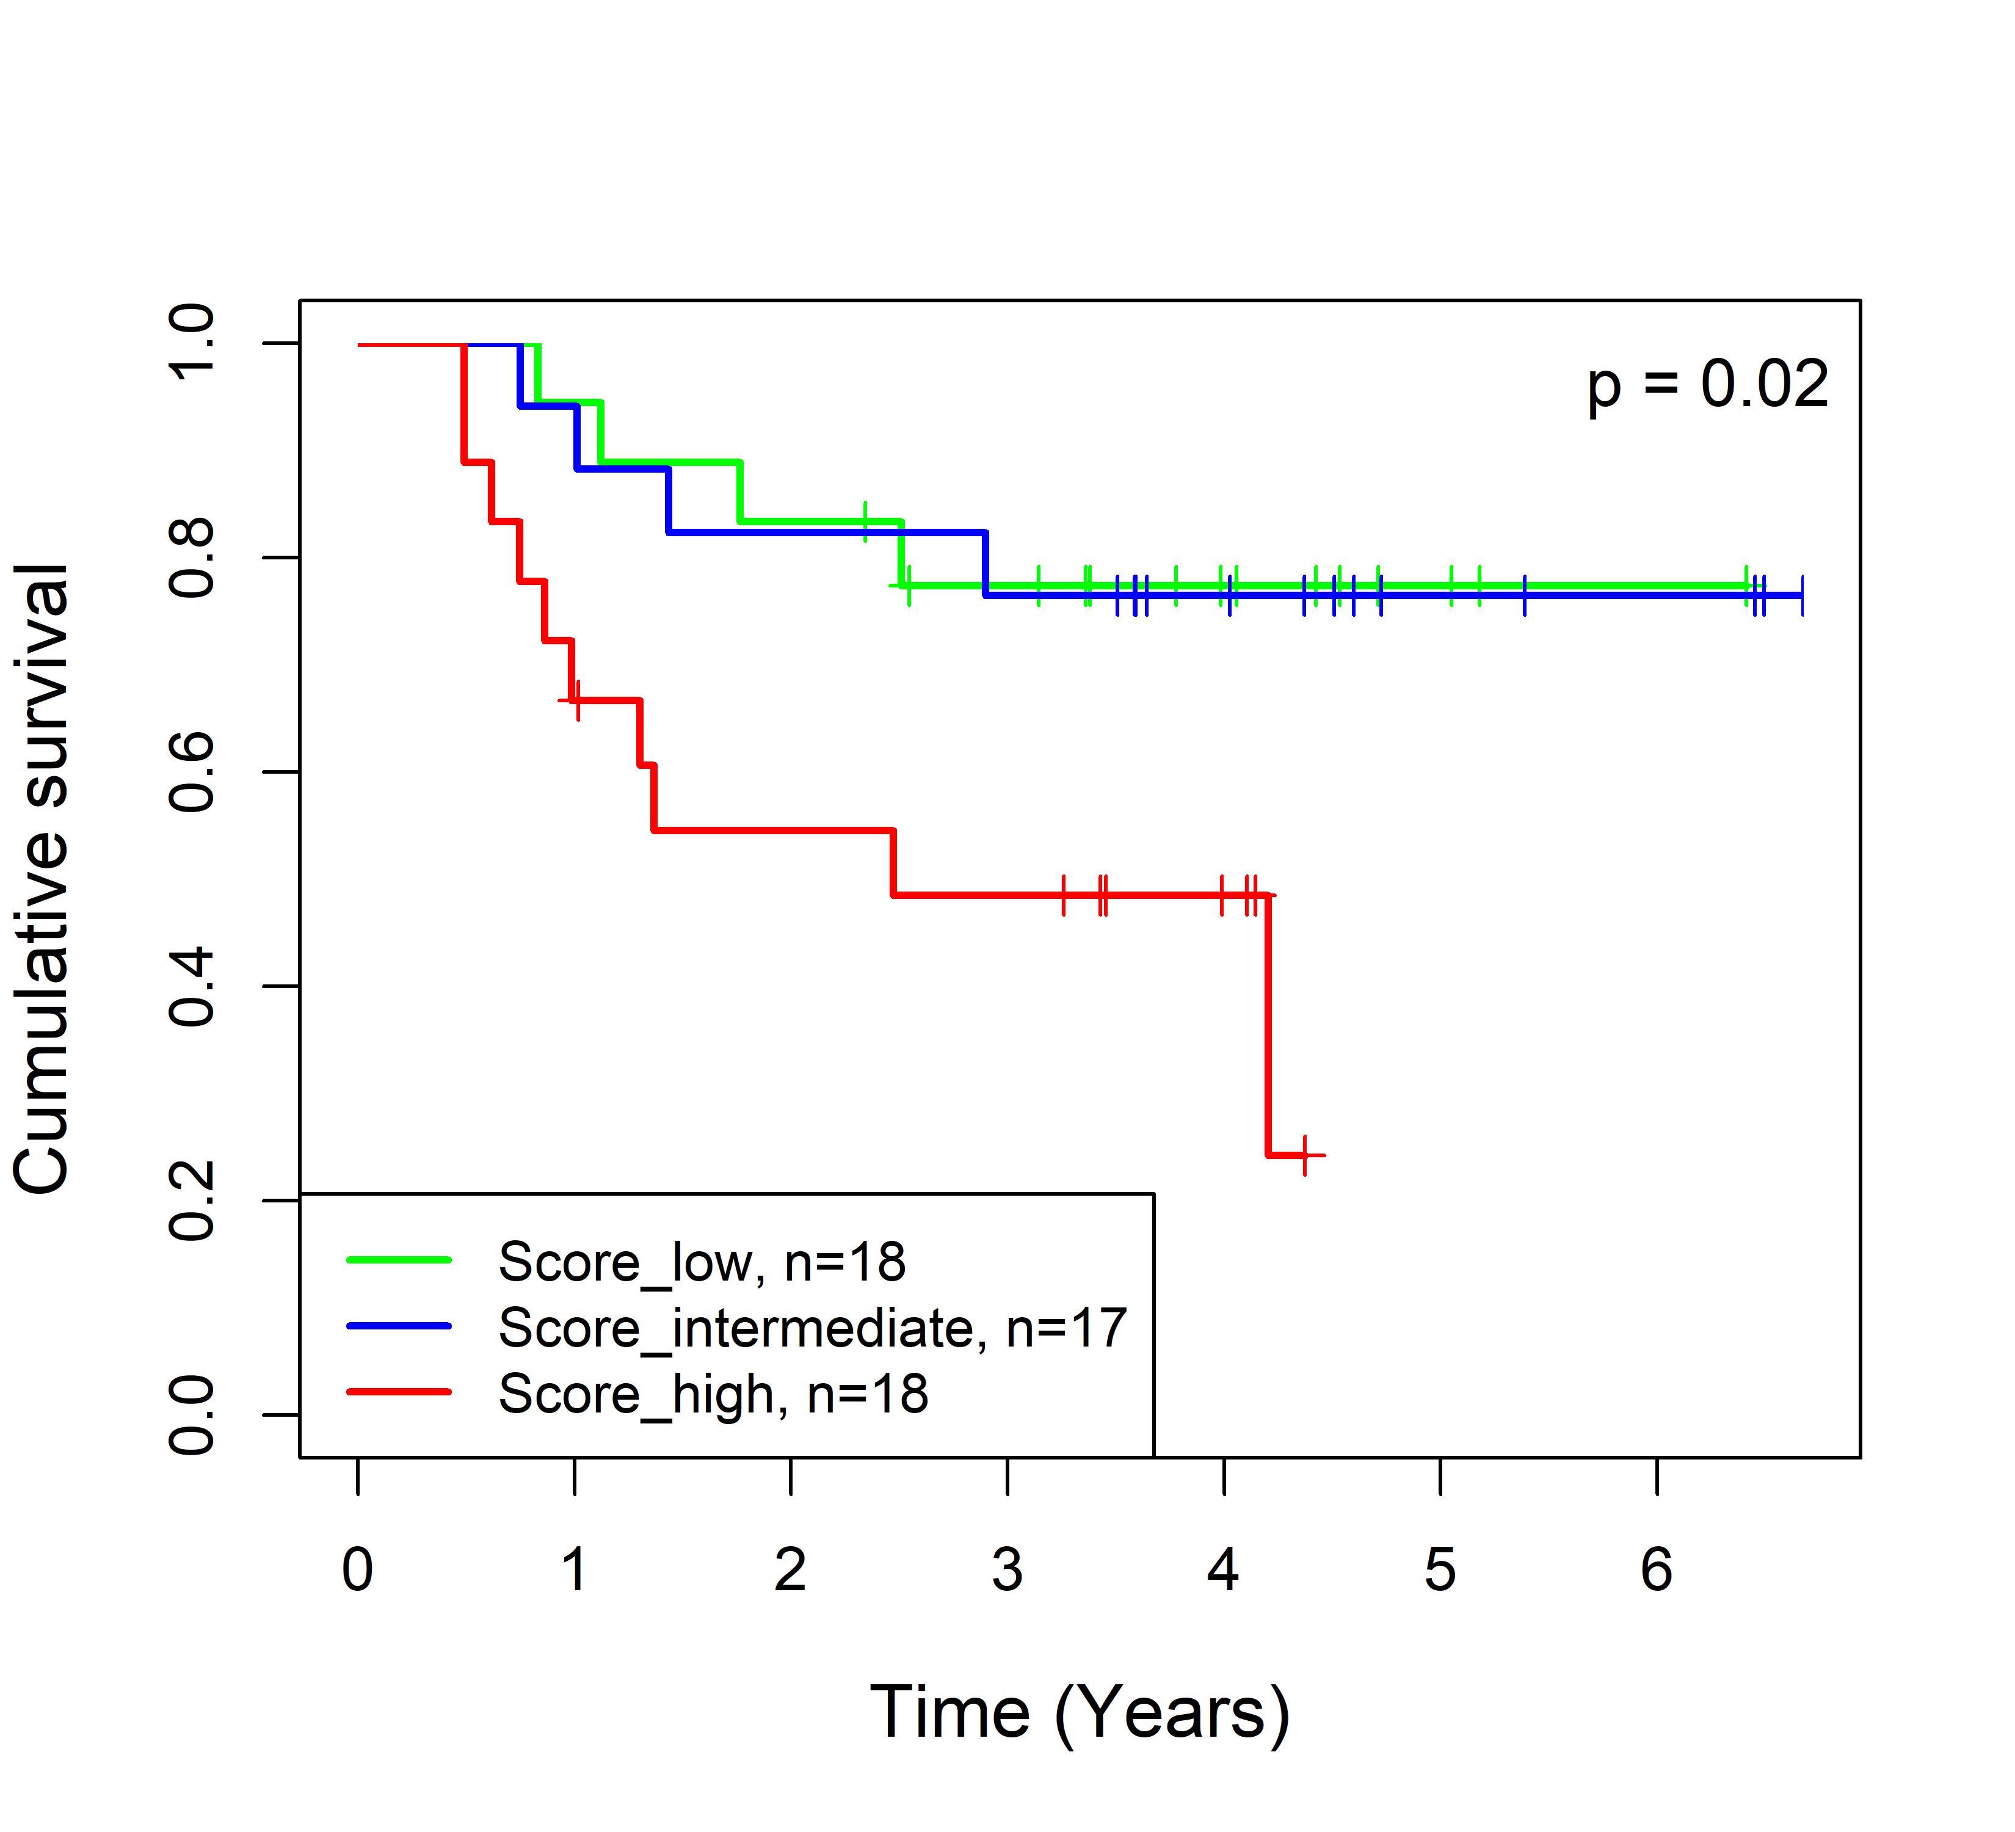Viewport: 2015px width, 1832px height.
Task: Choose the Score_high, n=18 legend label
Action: (713, 1394)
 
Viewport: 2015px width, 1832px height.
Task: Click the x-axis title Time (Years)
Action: (1080, 1713)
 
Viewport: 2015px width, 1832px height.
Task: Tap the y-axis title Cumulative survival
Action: (42, 879)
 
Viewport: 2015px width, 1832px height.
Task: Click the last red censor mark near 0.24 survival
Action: (1304, 1155)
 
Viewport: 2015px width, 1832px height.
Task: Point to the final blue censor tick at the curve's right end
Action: (1802, 595)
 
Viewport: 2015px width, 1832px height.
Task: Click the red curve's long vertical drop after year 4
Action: (1268, 1025)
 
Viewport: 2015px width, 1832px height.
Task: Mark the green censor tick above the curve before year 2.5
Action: (866, 522)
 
